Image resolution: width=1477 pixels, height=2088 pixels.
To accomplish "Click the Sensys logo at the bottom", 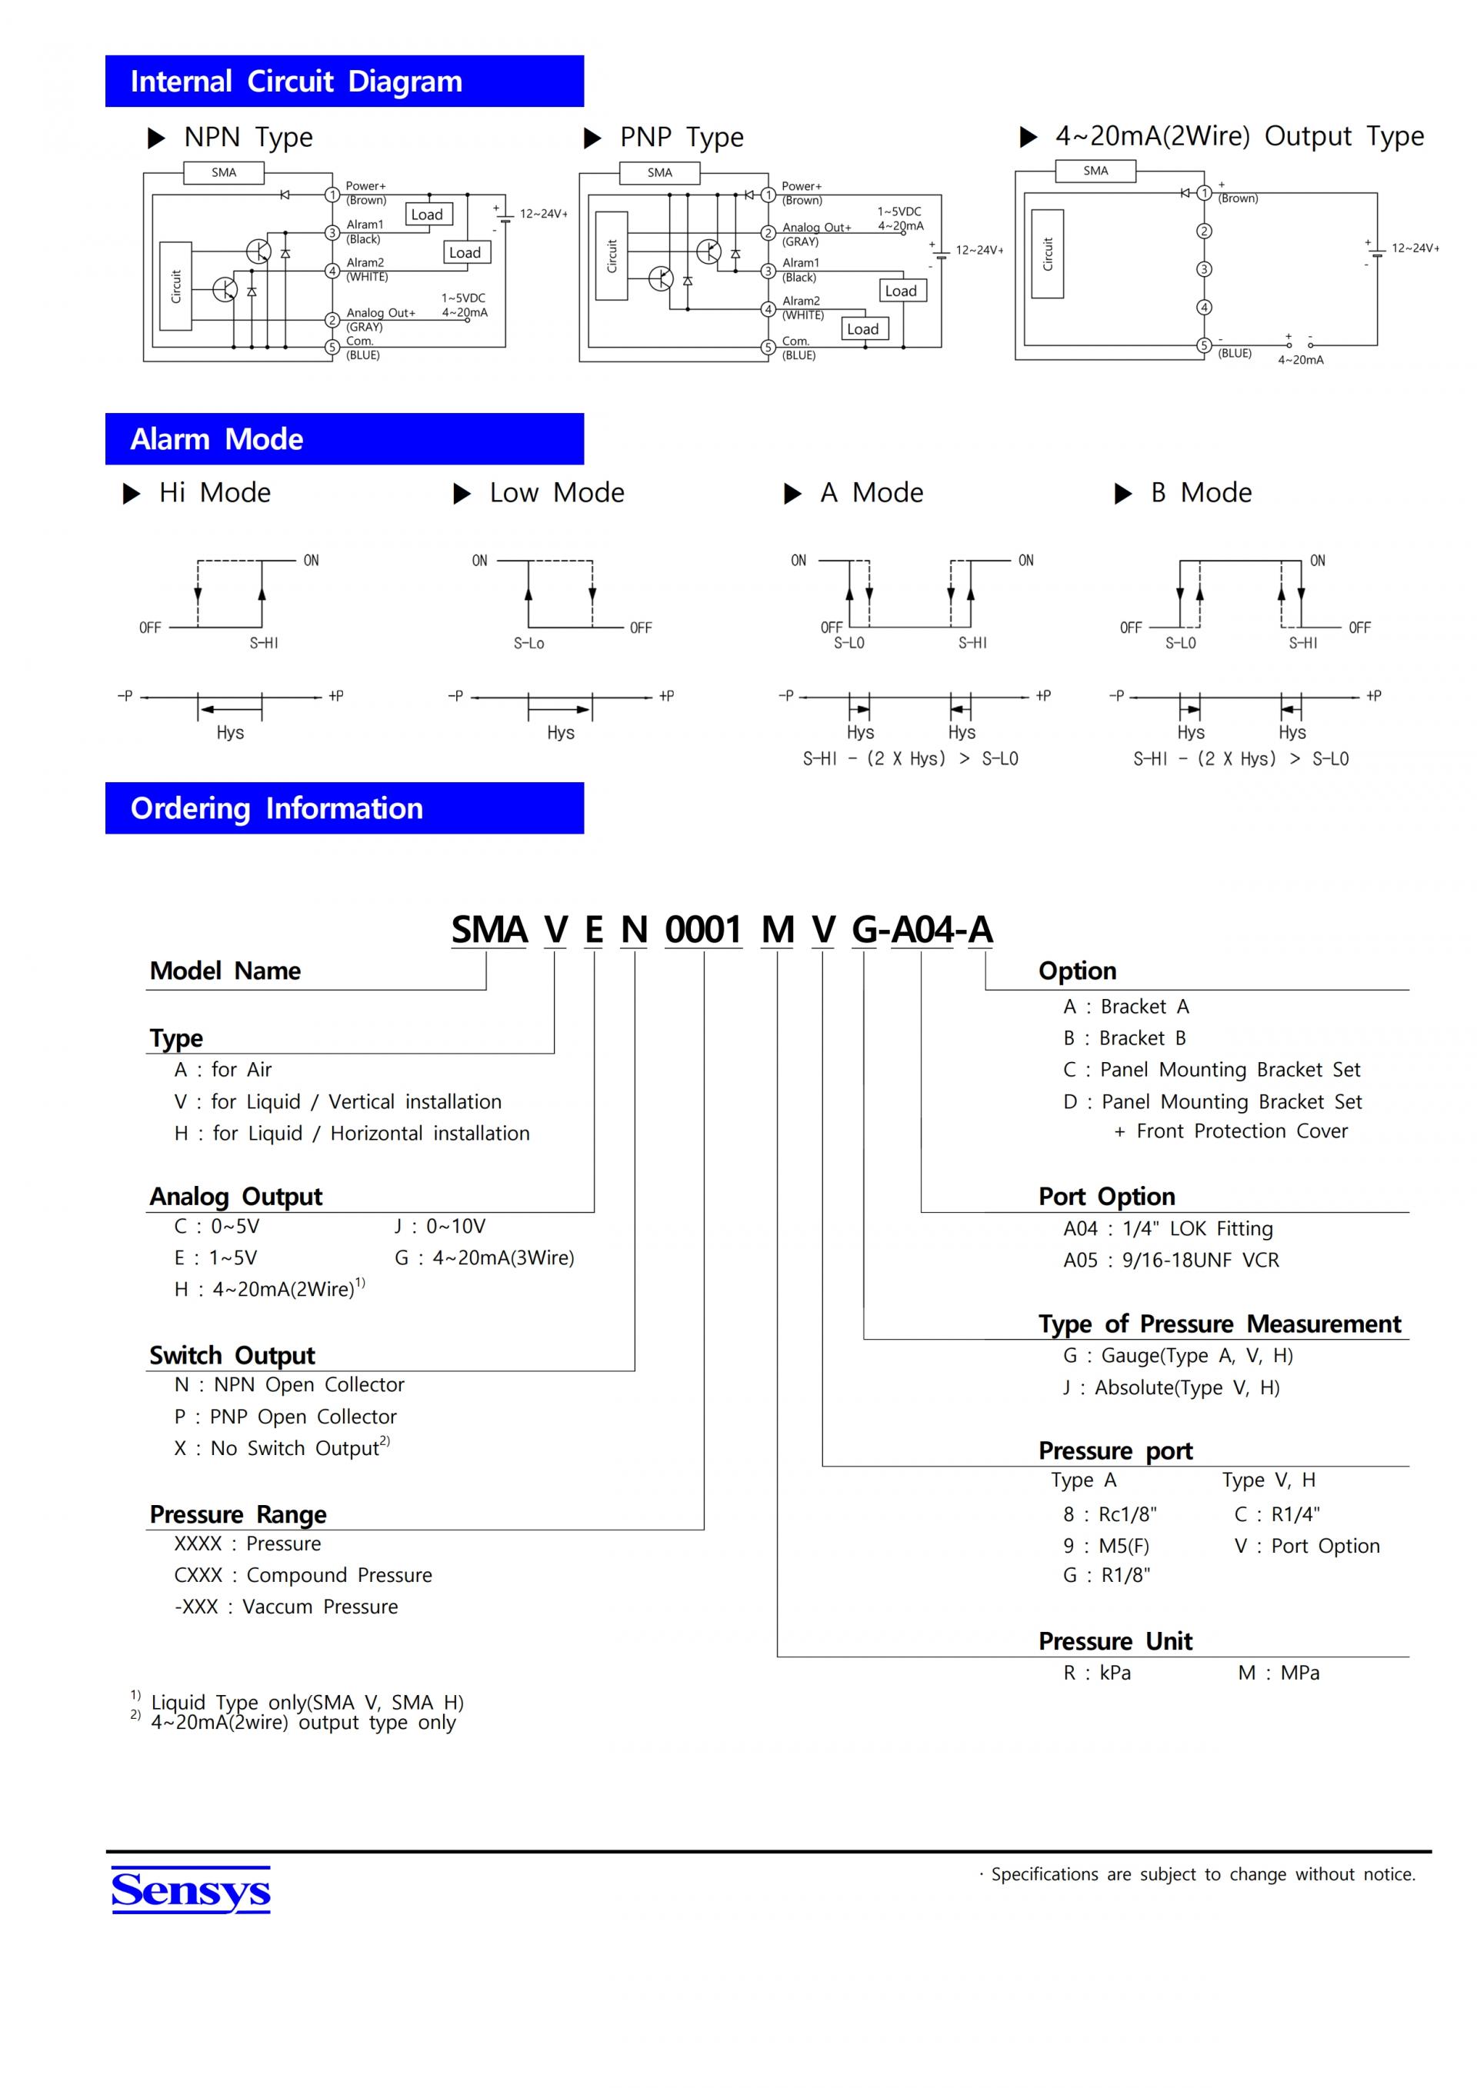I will click(x=190, y=1890).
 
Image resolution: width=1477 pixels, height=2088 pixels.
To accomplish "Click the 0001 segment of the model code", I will click(x=703, y=930).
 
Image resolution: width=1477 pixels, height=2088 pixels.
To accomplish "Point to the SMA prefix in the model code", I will click(x=489, y=930).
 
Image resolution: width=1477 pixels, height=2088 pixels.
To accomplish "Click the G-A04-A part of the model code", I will click(x=922, y=930).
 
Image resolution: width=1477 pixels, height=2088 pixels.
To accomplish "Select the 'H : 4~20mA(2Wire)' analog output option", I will click(x=268, y=1289).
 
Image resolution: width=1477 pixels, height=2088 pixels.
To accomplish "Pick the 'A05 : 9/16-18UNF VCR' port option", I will click(x=1171, y=1260).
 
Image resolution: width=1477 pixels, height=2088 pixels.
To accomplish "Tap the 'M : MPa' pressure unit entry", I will click(x=1278, y=1673).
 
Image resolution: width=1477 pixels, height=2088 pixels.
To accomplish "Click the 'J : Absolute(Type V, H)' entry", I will click(x=1171, y=1387).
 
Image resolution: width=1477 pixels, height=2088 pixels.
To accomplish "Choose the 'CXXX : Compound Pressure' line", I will click(x=303, y=1574).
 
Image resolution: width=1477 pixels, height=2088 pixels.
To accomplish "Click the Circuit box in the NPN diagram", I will click(x=175, y=285).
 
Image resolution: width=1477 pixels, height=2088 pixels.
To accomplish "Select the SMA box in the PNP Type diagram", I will click(x=659, y=173).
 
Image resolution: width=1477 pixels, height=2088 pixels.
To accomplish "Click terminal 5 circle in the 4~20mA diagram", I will click(x=1204, y=345).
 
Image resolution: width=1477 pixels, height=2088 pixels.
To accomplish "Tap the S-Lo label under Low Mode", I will click(x=528, y=643).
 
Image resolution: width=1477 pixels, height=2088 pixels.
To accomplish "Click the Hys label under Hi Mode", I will click(x=230, y=732).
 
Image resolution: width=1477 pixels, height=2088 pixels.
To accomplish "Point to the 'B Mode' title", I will click(x=1201, y=493).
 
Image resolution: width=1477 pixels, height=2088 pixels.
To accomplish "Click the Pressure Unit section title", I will click(x=1115, y=1640).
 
